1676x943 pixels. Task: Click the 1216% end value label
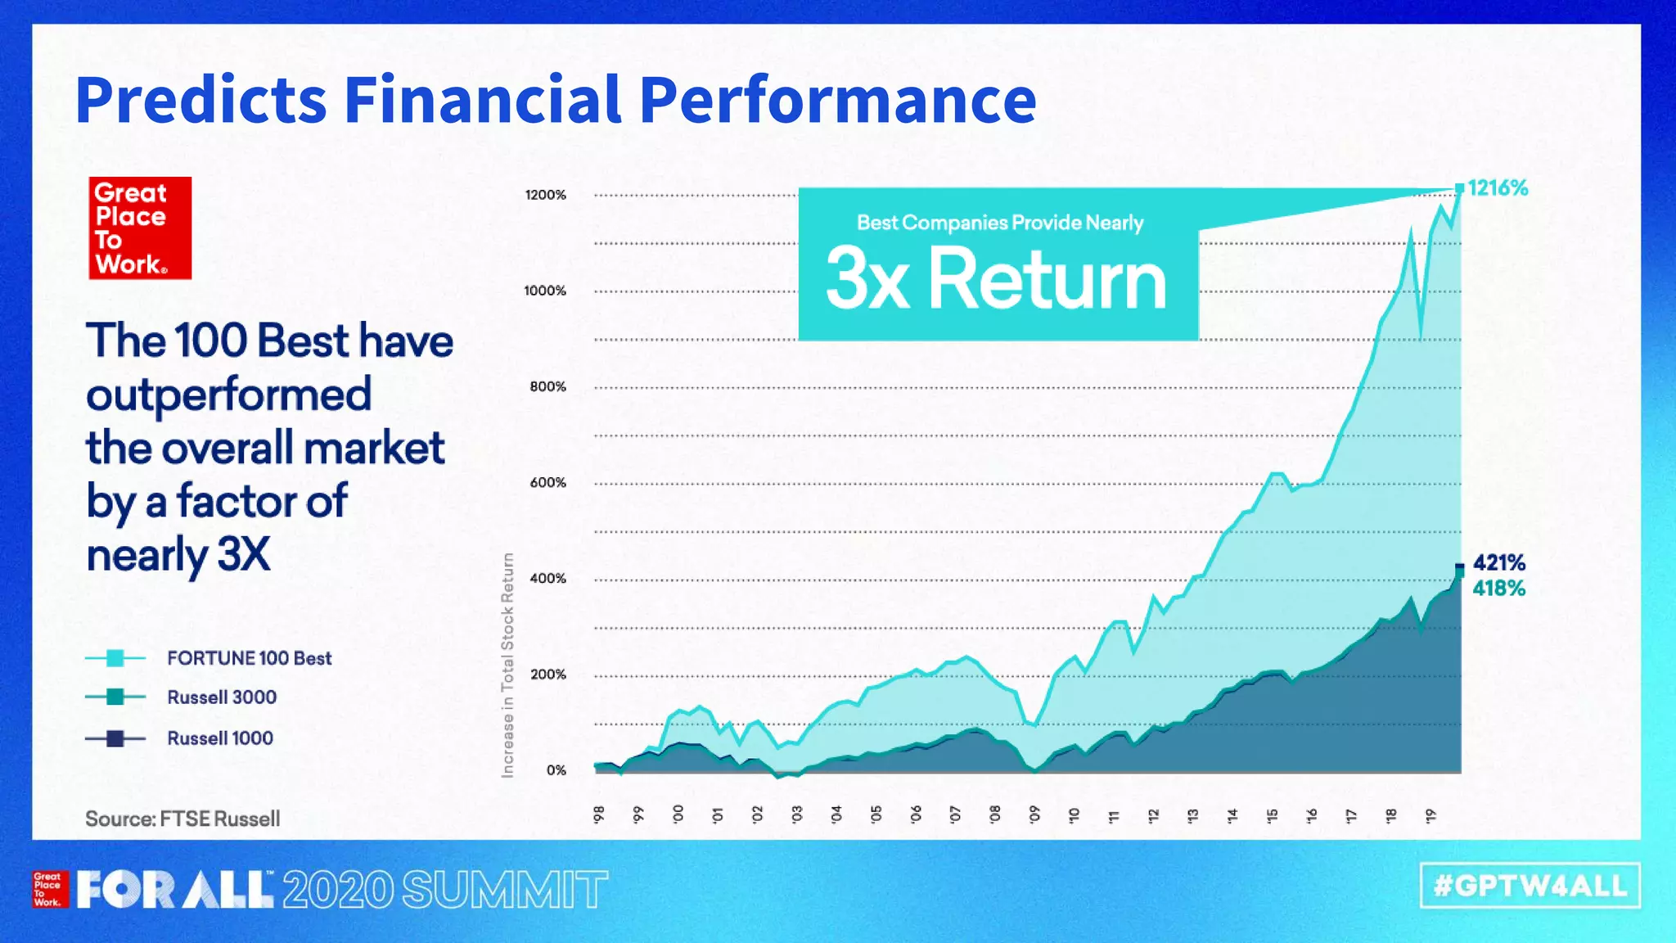[x=1497, y=188]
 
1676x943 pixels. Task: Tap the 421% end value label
[x=1498, y=563]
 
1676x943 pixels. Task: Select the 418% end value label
[x=1498, y=589]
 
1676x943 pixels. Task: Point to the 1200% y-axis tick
[x=545, y=195]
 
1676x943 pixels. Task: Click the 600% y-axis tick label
[x=547, y=483]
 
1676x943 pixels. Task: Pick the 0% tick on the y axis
[x=556, y=770]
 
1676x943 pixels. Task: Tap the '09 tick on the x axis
[x=1034, y=814]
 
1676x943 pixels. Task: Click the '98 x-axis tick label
[x=599, y=814]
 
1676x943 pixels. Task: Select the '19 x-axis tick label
[x=1430, y=814]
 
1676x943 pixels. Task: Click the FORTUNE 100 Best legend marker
[x=115, y=658]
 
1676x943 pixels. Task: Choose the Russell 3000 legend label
[x=222, y=697]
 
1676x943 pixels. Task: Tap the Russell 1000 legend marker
[x=115, y=738]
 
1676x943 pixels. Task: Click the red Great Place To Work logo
[x=140, y=228]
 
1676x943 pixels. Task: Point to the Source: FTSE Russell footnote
[x=182, y=819]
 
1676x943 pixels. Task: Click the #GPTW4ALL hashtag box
[x=1530, y=886]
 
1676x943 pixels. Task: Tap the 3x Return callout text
[x=996, y=280]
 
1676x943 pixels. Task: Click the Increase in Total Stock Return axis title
[x=508, y=665]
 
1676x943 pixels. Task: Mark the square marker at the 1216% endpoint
[x=1459, y=188]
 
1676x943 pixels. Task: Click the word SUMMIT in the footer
[x=505, y=890]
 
